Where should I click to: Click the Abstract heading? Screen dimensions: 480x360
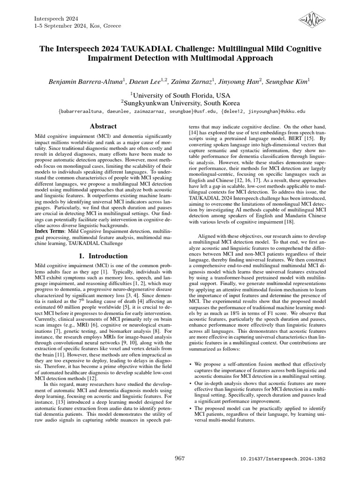[x=103, y=127]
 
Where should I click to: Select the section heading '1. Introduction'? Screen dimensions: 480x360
[x=103, y=256]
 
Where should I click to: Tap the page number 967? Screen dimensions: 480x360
[x=180, y=457]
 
